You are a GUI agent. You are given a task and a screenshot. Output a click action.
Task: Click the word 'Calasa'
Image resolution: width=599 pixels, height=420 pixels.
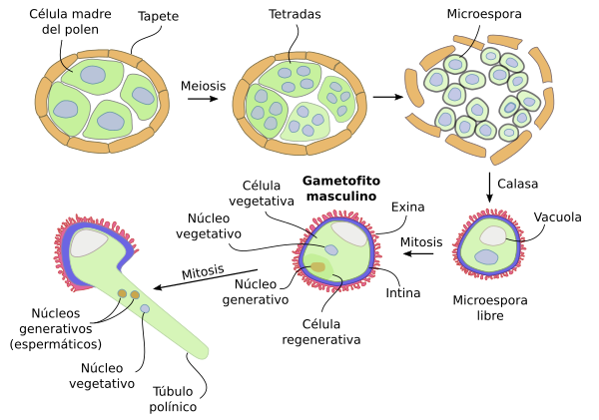(519, 186)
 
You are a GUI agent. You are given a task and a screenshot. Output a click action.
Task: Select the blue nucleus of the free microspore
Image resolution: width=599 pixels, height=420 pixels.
(487, 257)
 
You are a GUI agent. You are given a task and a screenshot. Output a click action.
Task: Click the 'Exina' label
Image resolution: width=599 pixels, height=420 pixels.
(408, 207)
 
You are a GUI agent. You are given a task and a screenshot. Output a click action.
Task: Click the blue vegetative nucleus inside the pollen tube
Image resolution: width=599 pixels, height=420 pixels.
(146, 309)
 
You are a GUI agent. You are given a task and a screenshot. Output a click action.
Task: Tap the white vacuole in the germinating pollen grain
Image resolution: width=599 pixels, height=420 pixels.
(90, 241)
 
